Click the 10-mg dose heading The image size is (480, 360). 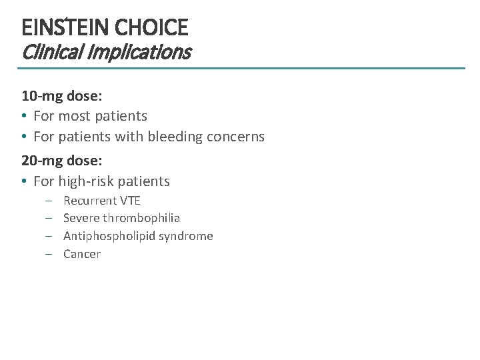[62, 96]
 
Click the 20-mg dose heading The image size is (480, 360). [62, 161]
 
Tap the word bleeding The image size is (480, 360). [183, 137]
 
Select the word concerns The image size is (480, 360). [237, 137]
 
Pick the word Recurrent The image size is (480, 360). [90, 201]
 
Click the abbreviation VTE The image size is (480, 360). [131, 201]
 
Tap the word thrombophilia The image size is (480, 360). [141, 218]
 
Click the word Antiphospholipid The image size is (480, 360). [107, 236]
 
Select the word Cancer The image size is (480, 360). [82, 254]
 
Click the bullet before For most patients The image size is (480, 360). [24, 117]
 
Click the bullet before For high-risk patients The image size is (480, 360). [24, 182]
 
